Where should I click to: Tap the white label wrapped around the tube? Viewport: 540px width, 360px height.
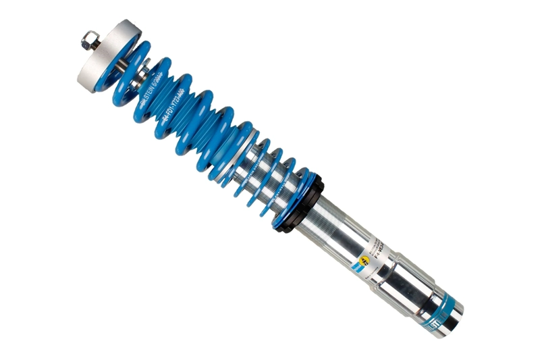coord(375,253)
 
